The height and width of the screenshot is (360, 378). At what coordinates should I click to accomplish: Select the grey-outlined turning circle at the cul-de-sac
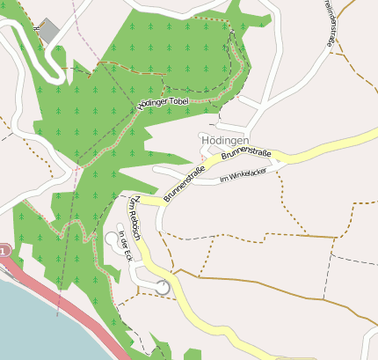(163, 287)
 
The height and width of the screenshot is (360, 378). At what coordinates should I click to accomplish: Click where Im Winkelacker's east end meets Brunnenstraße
(282, 165)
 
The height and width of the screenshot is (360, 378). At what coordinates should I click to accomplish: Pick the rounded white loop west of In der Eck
(111, 238)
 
